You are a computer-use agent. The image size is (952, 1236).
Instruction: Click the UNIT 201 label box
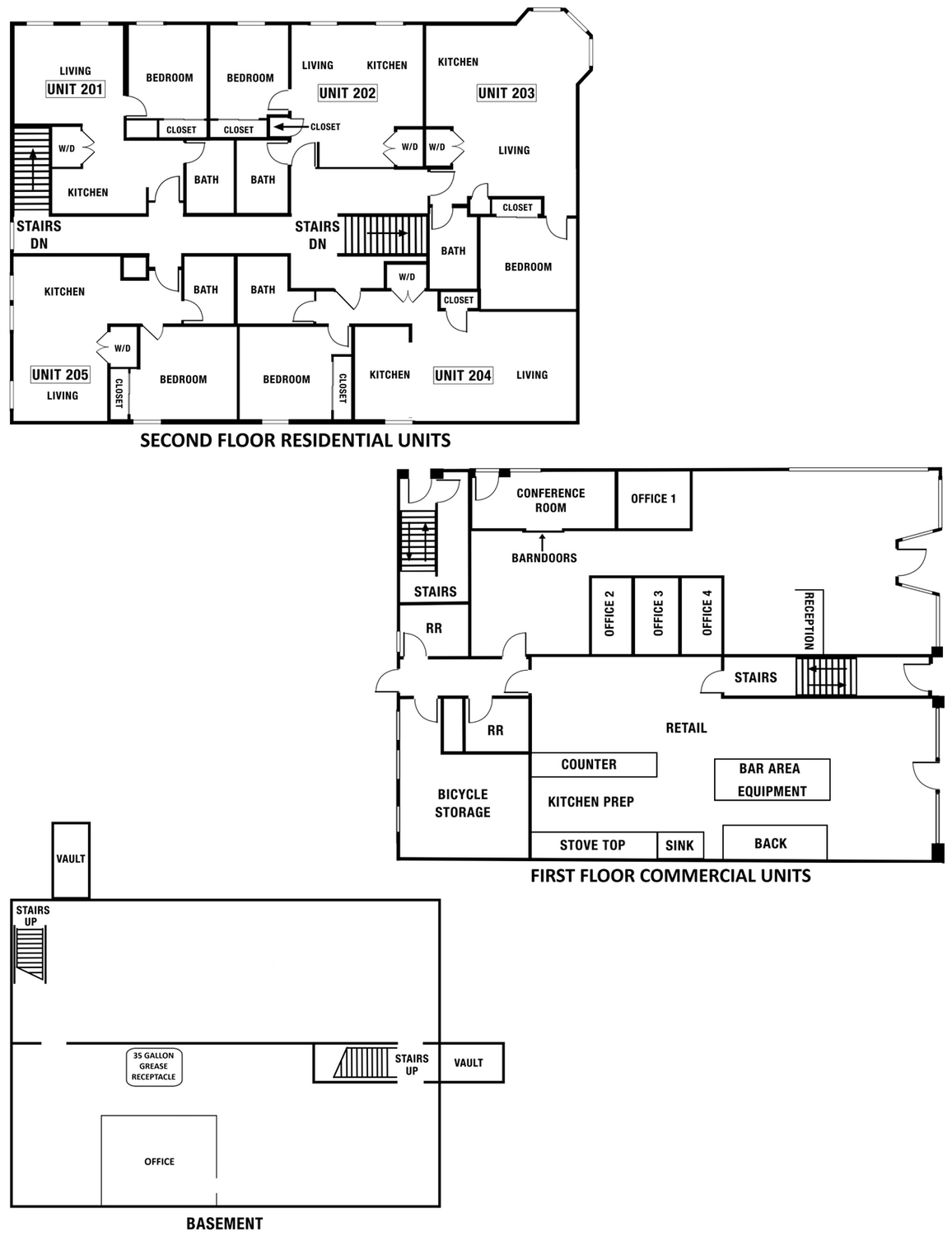[x=75, y=89]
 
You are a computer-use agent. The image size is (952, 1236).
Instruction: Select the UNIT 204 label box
[x=463, y=376]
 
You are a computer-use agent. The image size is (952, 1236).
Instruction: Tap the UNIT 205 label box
[x=59, y=374]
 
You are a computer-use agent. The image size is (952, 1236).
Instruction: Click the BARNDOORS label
[x=544, y=558]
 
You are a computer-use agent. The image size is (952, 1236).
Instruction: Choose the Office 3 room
[x=656, y=616]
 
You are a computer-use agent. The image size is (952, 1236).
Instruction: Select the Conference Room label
[x=550, y=500]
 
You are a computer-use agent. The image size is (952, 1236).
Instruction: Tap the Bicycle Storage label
[x=463, y=803]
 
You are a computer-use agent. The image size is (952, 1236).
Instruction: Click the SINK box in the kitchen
[x=680, y=845]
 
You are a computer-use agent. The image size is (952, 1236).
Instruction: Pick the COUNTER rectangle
[x=594, y=765]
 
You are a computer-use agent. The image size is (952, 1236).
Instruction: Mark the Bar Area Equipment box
[x=772, y=780]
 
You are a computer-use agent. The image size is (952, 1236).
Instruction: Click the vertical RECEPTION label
[x=810, y=620]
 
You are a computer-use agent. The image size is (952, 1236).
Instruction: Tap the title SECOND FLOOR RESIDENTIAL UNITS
[x=295, y=440]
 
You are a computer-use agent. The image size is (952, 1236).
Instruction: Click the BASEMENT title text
[x=225, y=1223]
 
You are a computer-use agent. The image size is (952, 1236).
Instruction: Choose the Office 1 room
[x=654, y=499]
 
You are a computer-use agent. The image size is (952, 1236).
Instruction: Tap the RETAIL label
[x=686, y=728]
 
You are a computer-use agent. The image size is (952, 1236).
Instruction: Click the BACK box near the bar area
[x=775, y=842]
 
